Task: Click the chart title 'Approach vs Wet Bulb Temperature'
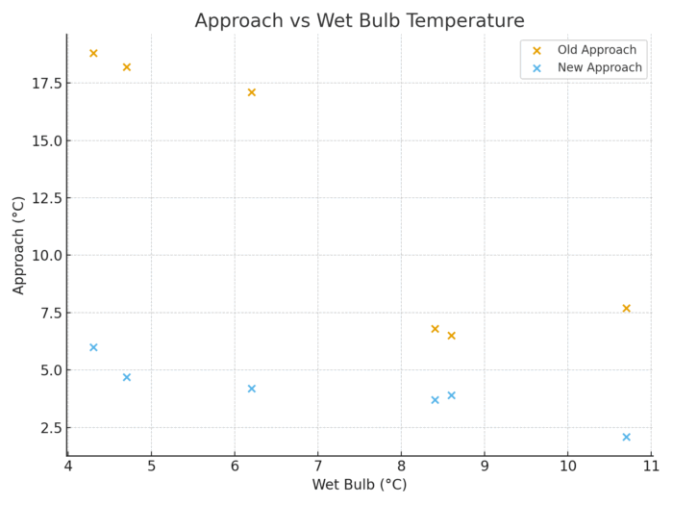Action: pyautogui.click(x=360, y=21)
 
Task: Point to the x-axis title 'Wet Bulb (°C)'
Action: pyautogui.click(x=360, y=485)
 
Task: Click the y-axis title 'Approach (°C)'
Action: pyautogui.click(x=19, y=244)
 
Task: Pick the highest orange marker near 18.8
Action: pyautogui.click(x=93, y=53)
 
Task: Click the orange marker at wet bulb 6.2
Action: pyautogui.click(x=252, y=92)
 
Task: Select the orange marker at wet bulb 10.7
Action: pyautogui.click(x=626, y=309)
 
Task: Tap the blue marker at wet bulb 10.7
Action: pyautogui.click(x=626, y=437)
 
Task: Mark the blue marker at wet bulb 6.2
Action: pyautogui.click(x=252, y=389)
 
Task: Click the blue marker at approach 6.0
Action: pyautogui.click(x=93, y=347)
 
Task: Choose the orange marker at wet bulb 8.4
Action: pyautogui.click(x=435, y=329)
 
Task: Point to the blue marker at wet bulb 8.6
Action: pyautogui.click(x=451, y=395)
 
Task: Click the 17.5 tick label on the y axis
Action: pyautogui.click(x=44, y=84)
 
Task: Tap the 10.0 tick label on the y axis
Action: pyautogui.click(x=44, y=256)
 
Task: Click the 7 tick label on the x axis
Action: pyautogui.click(x=317, y=467)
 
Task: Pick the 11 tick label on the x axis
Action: pyautogui.click(x=651, y=467)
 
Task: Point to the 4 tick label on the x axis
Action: pyautogui.click(x=68, y=467)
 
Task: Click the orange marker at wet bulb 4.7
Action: pyautogui.click(x=127, y=67)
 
